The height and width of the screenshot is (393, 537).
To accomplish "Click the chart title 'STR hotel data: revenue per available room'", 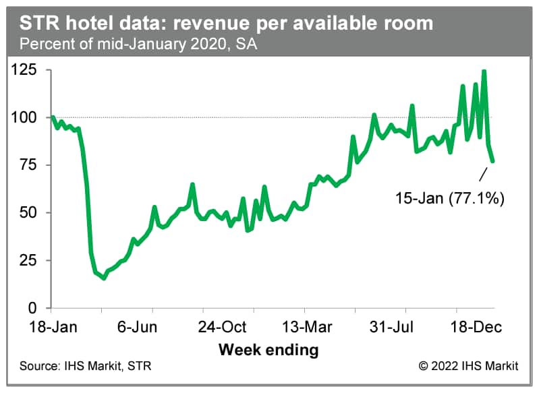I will [226, 24].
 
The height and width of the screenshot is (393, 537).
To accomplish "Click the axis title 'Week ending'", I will [268, 350].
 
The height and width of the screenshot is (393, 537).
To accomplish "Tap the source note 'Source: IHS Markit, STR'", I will [86, 367].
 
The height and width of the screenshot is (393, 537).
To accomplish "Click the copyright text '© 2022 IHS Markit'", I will [468, 367].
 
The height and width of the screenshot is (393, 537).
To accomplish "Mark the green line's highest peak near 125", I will [484, 71].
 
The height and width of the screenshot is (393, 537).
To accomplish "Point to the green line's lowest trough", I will [104, 278].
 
